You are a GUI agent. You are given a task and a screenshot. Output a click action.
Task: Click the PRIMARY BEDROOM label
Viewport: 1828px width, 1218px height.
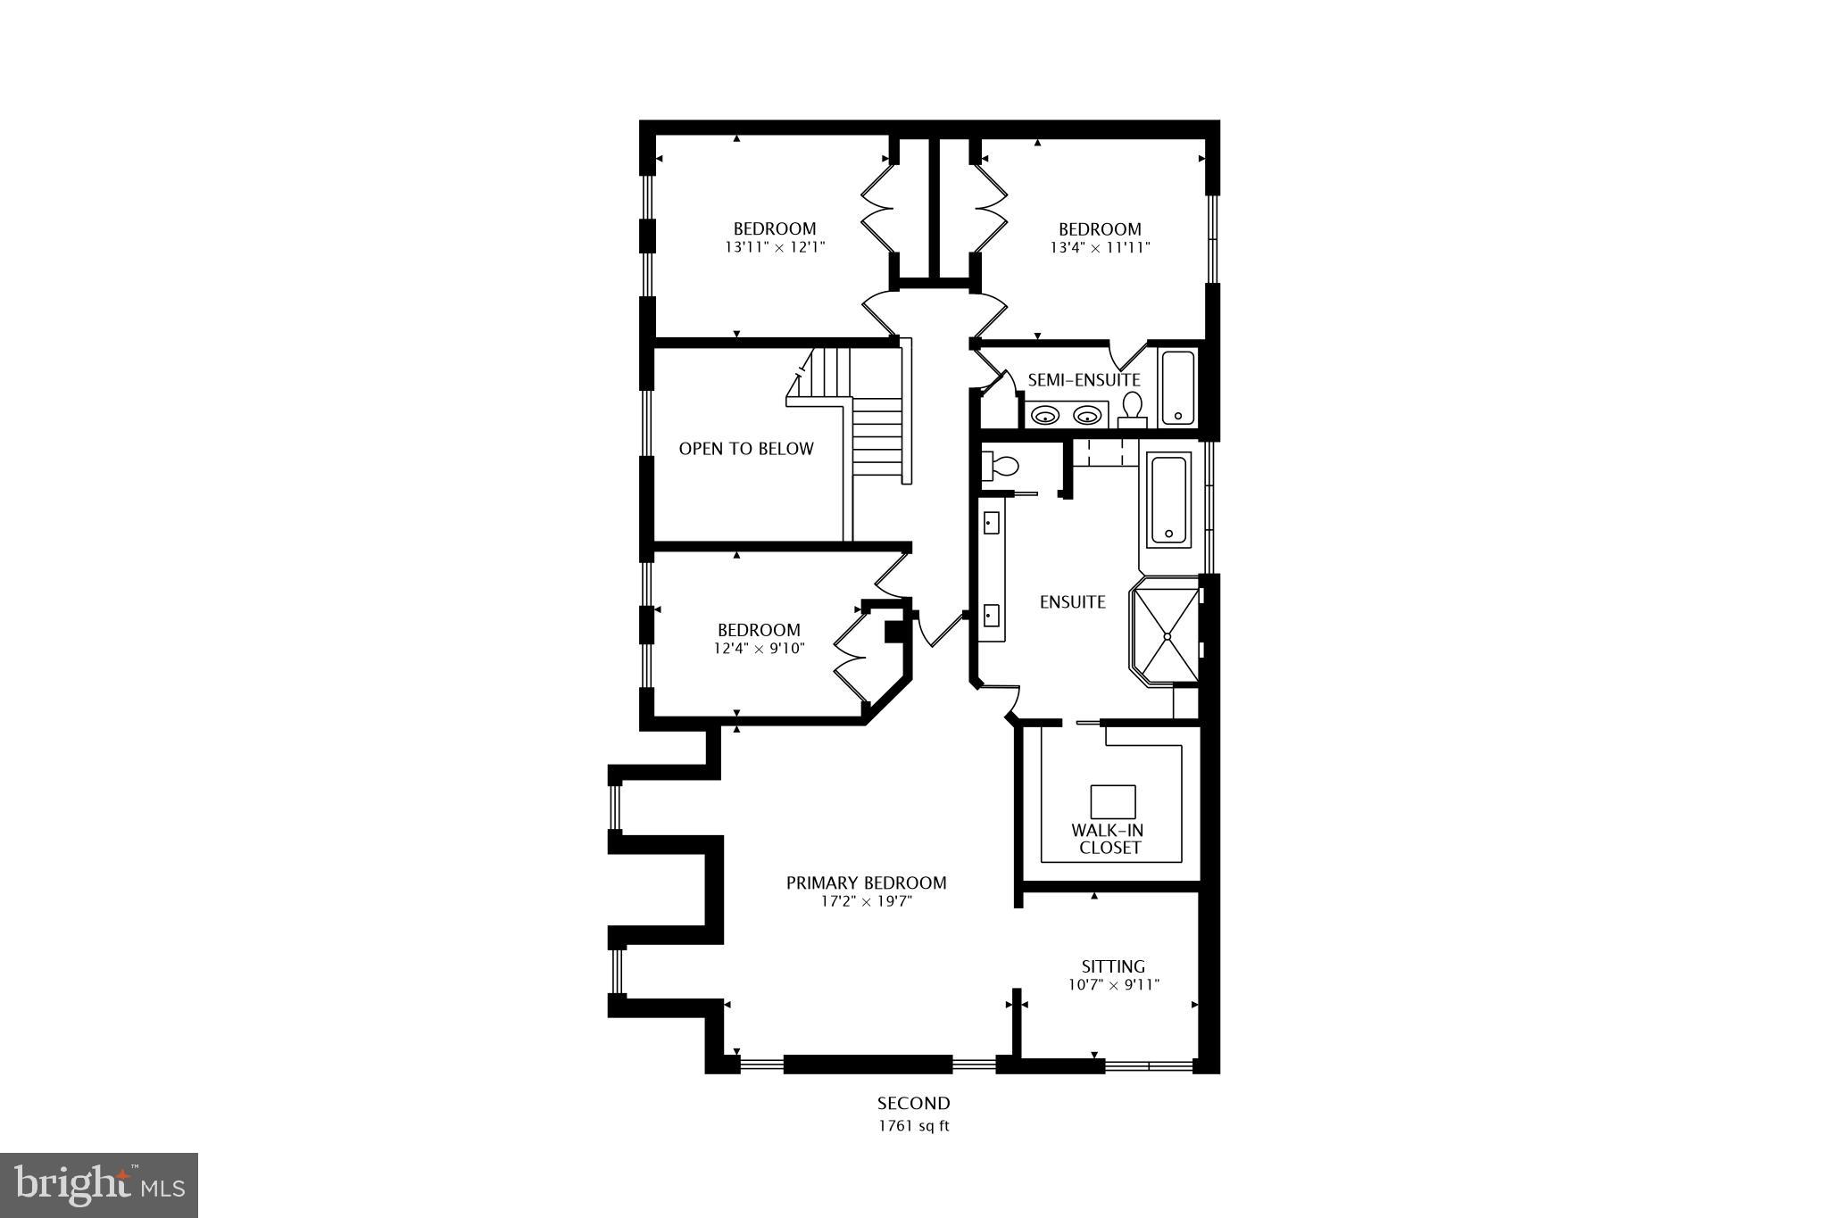(866, 882)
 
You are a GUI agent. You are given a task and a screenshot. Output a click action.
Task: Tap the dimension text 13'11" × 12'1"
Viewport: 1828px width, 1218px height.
(775, 248)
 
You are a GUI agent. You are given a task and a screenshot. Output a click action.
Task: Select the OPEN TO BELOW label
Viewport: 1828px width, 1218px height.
(746, 449)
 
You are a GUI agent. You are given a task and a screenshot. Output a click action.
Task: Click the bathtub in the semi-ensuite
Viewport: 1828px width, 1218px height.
(1177, 388)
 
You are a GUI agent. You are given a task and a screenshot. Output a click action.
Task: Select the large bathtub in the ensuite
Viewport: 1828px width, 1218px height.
(1169, 501)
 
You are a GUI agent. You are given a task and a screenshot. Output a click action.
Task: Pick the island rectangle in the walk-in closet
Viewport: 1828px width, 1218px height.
(1113, 801)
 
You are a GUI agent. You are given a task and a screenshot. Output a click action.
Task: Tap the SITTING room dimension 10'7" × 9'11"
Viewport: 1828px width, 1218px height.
(1113, 985)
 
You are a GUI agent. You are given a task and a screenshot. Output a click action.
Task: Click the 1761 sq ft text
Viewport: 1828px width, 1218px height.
(913, 1126)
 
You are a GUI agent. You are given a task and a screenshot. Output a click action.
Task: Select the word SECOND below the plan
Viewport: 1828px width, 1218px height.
(913, 1104)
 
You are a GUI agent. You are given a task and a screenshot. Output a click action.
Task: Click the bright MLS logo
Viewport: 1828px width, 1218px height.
(99, 1185)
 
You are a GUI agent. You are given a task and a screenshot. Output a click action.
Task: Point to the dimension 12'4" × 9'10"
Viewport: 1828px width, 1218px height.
(759, 649)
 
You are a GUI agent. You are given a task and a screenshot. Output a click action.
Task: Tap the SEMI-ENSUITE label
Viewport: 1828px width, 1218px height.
(1084, 380)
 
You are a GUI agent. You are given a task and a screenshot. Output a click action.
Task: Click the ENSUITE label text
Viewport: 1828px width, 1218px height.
(1072, 602)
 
